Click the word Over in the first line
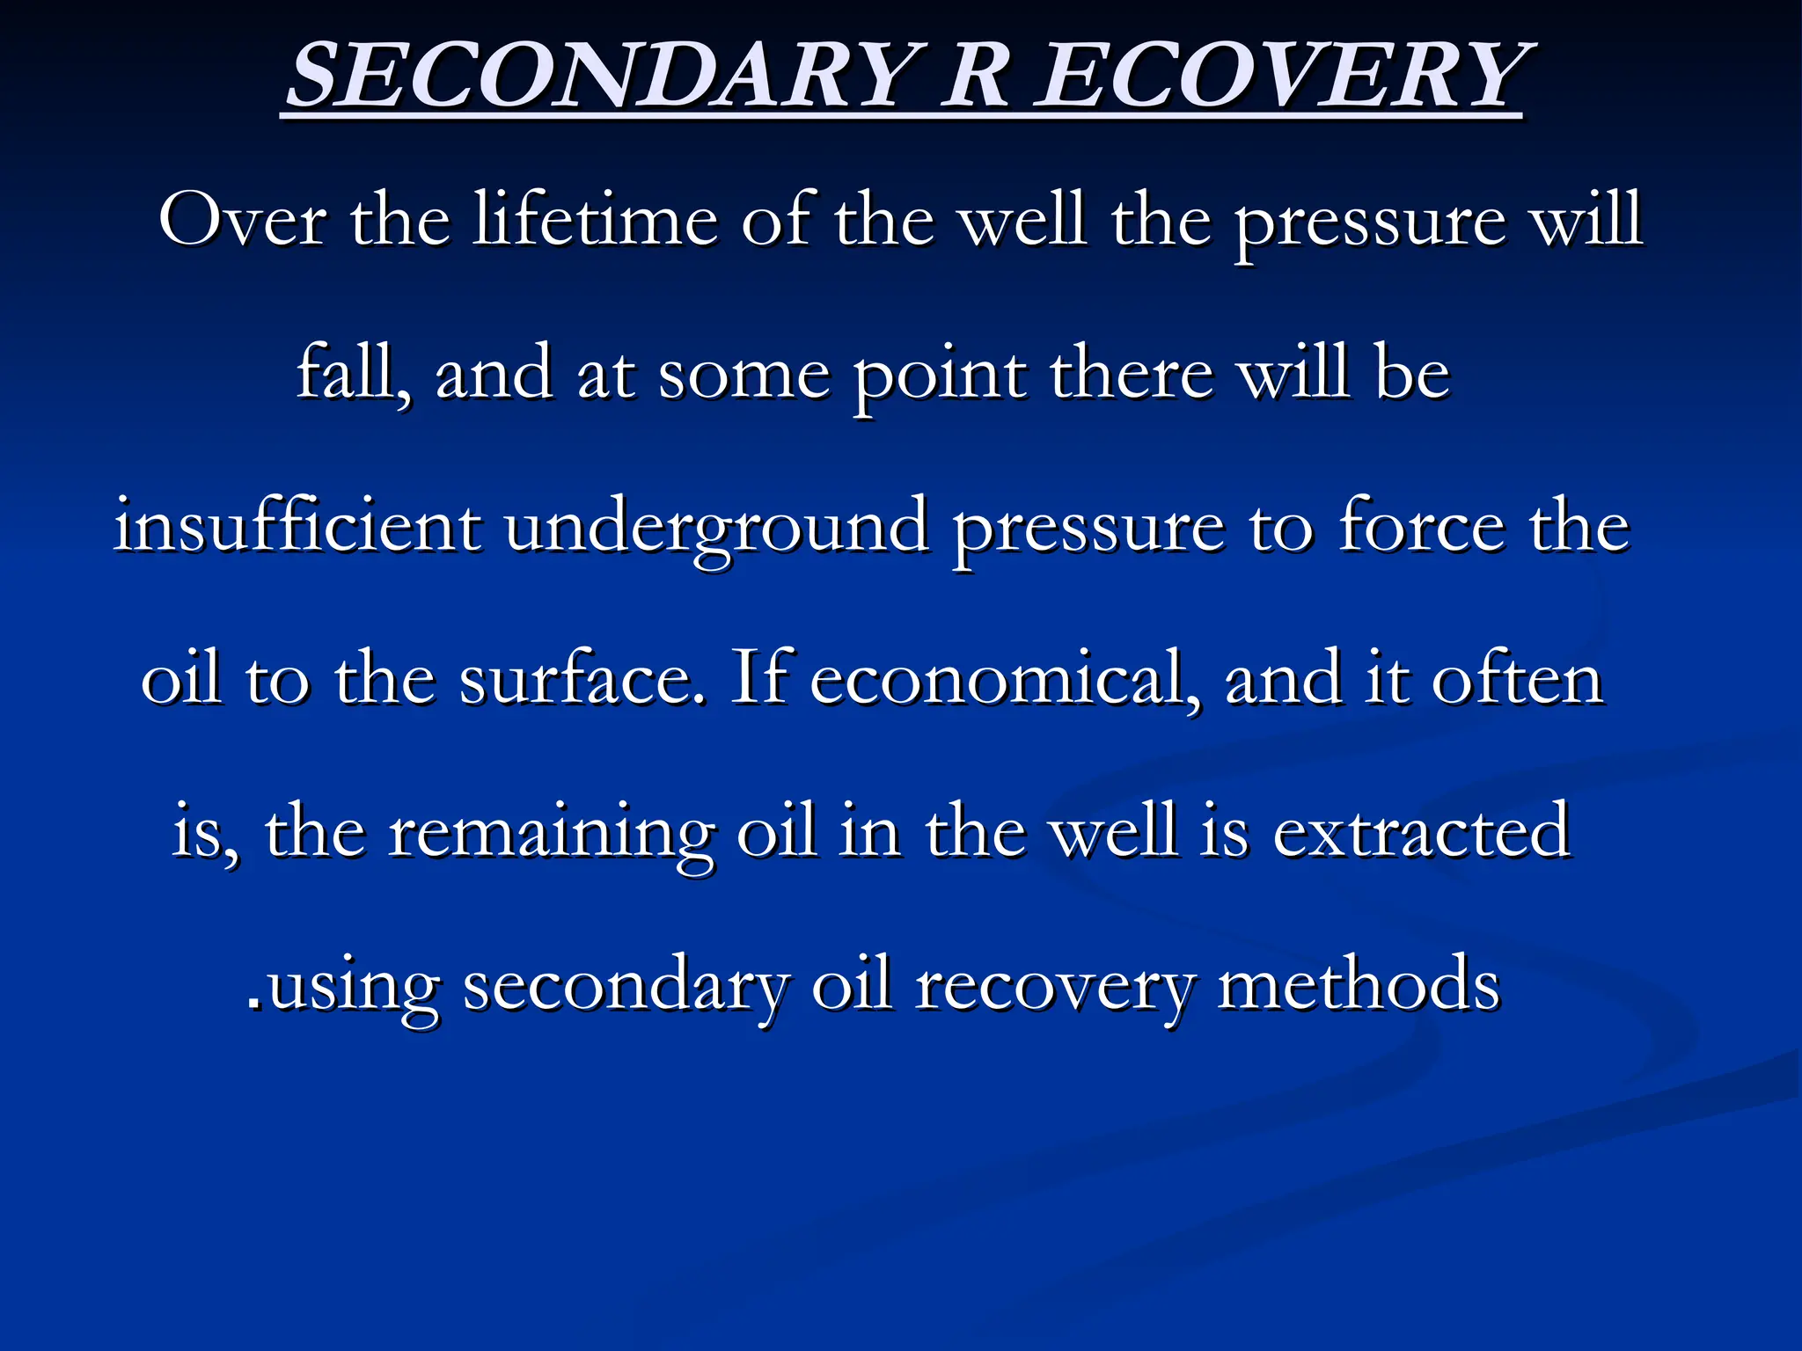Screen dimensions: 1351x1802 click(243, 220)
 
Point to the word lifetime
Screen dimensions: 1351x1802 click(595, 220)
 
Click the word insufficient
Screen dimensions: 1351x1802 click(297, 526)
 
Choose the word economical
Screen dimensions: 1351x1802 click(1004, 679)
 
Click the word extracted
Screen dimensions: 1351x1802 click(1422, 832)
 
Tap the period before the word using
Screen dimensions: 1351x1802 click(254, 1003)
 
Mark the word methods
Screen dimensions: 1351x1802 click(1359, 985)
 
